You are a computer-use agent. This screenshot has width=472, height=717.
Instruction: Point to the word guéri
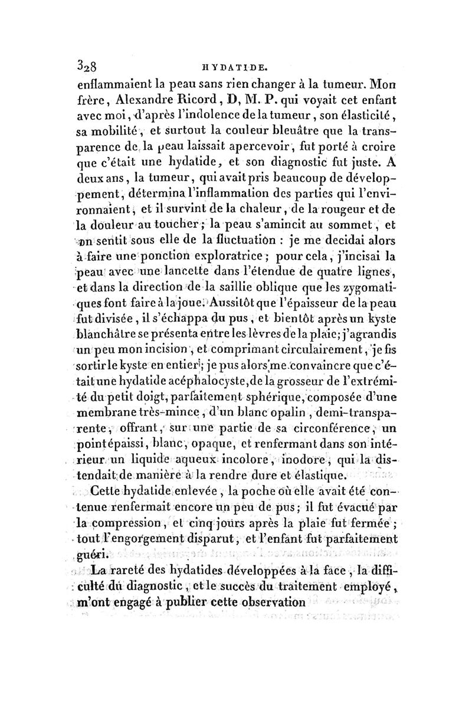point(96,555)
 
